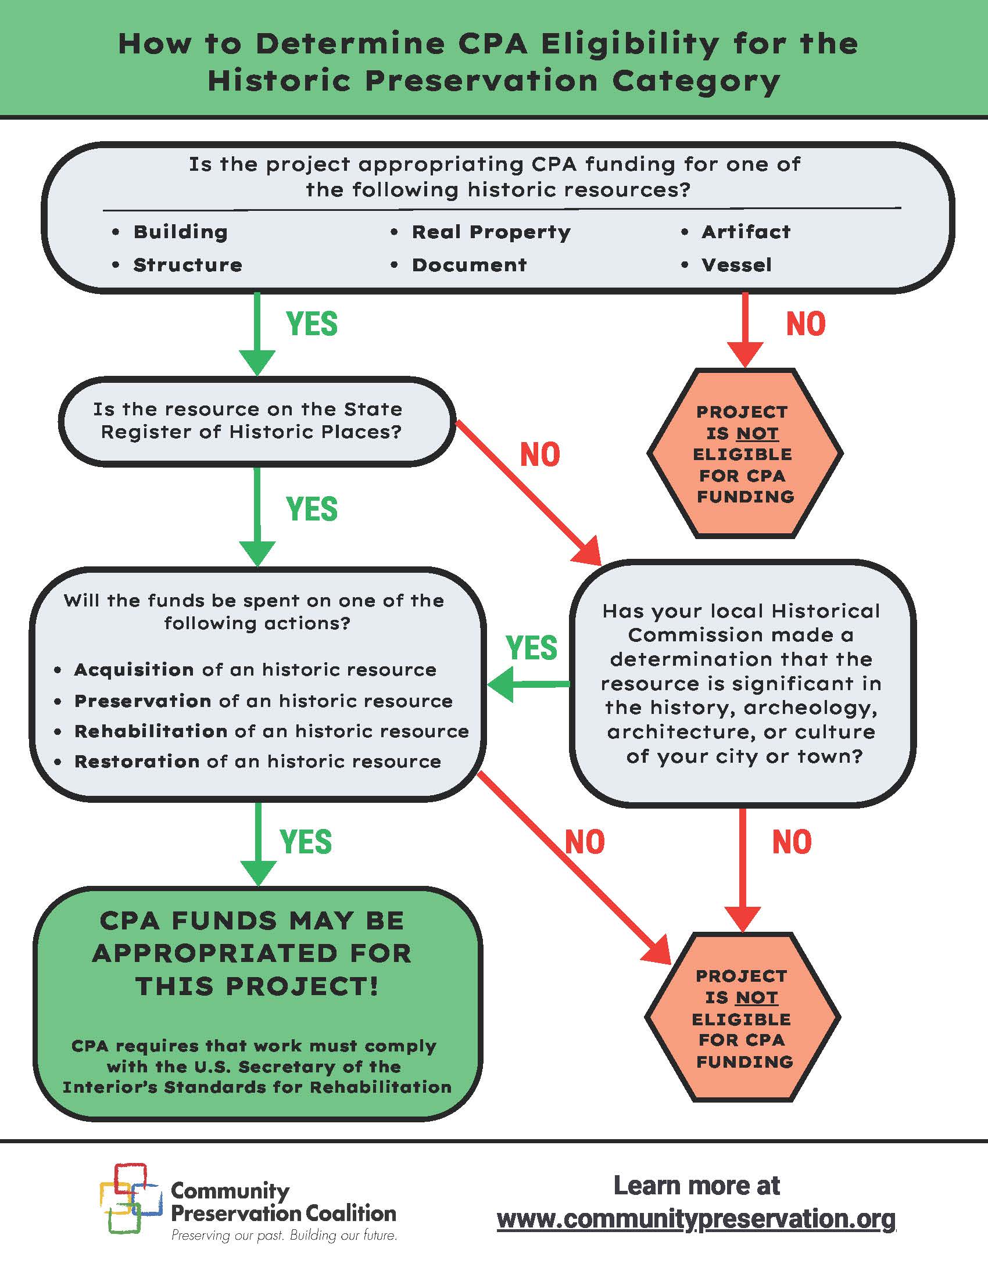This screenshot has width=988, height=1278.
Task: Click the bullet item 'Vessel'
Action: click(736, 265)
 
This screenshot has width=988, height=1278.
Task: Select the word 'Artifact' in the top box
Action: click(746, 232)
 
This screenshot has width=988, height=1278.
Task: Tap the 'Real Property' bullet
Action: click(491, 232)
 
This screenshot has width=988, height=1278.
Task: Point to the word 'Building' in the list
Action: click(180, 232)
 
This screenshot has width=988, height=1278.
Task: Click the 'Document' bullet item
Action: click(469, 265)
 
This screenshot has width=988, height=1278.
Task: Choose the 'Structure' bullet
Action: click(187, 265)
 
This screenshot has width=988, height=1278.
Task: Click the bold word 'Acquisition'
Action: click(134, 669)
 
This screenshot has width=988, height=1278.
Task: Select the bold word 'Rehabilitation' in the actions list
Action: click(151, 731)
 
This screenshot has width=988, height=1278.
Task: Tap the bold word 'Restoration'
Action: click(137, 762)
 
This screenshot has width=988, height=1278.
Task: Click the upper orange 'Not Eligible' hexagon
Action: click(744, 454)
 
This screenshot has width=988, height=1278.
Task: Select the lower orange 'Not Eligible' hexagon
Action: click(743, 1018)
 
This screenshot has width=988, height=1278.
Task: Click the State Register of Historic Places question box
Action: click(256, 421)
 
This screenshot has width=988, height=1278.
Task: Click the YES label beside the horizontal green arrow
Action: click(531, 648)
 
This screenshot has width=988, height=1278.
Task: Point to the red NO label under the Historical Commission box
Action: click(792, 842)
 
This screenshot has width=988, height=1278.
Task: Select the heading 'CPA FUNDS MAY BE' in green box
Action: click(252, 921)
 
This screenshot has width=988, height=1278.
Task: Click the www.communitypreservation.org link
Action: click(696, 1219)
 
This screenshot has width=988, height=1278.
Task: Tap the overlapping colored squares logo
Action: click(130, 1199)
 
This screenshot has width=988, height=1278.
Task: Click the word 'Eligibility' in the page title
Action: click(631, 44)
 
